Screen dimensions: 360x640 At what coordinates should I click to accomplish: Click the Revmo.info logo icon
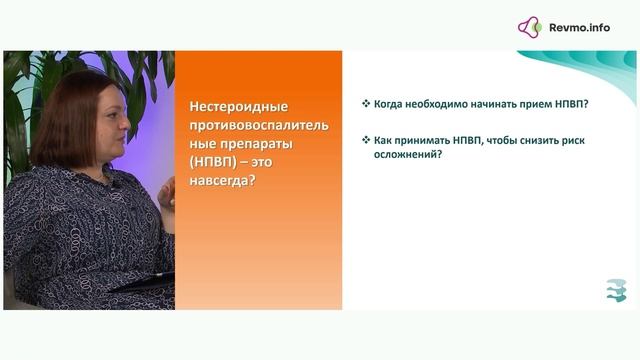529,27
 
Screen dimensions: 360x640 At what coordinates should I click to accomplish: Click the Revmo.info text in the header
579,28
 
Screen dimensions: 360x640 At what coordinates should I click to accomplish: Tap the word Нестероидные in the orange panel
235,107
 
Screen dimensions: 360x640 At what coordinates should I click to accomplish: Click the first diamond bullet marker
365,103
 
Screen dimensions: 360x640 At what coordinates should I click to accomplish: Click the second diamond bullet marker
365,141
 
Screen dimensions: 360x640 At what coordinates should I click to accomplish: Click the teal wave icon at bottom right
616,290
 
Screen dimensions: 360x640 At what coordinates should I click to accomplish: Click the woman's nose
125,127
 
